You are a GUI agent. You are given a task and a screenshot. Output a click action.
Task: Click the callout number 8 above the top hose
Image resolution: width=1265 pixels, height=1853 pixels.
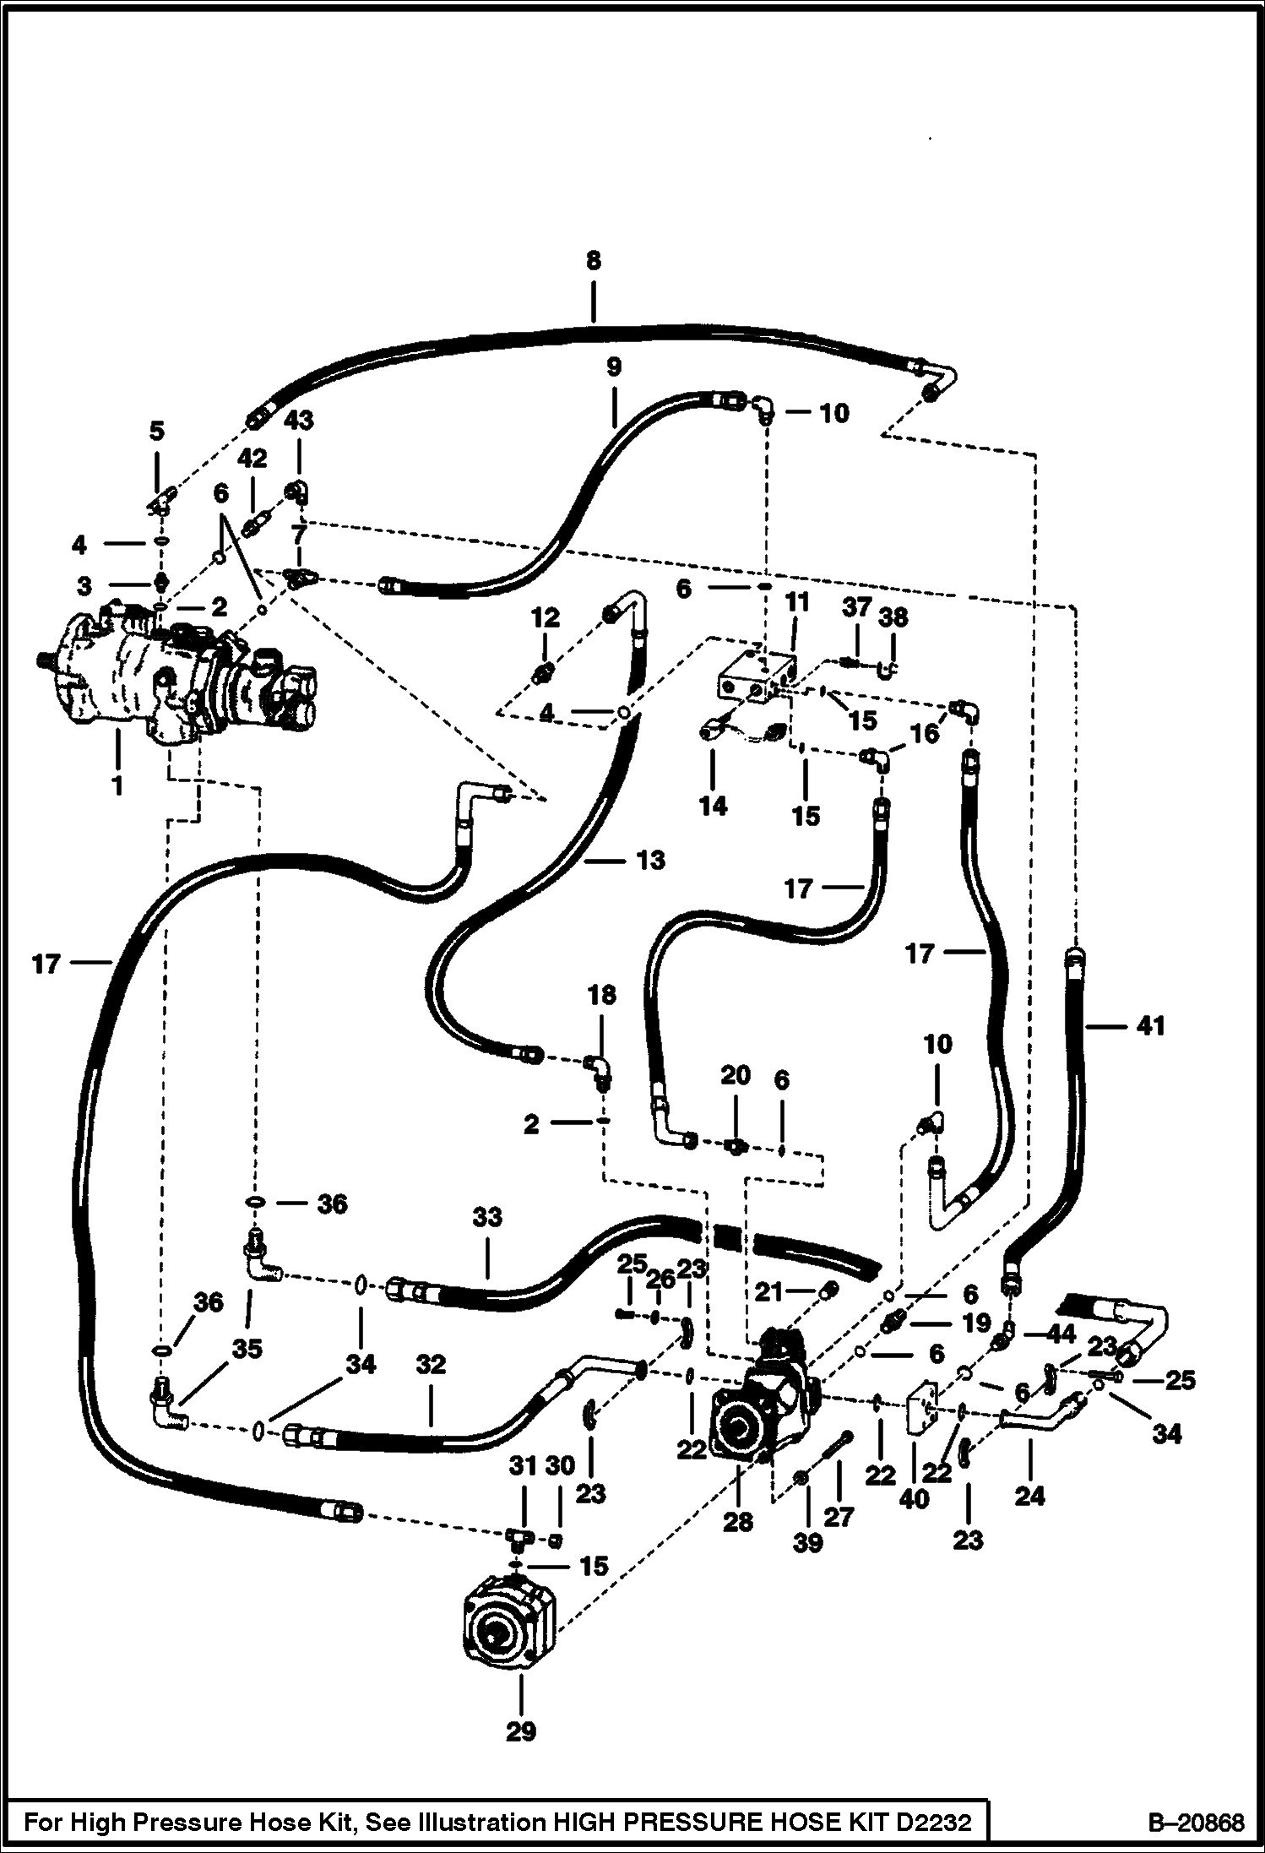click(x=593, y=261)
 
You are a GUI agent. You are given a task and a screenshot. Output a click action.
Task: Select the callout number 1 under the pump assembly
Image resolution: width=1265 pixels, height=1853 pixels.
click(x=117, y=785)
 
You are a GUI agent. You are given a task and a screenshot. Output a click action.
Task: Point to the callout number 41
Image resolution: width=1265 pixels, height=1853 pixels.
click(x=1150, y=1026)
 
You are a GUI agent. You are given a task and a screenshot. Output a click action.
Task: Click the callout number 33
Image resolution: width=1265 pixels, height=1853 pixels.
click(x=487, y=1217)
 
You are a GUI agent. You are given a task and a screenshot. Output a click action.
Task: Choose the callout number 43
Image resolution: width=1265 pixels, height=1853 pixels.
click(x=298, y=421)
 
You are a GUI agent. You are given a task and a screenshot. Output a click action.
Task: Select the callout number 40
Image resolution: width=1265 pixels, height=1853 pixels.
click(x=915, y=1499)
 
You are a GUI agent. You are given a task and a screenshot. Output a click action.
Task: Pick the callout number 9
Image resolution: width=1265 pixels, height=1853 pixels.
click(x=614, y=367)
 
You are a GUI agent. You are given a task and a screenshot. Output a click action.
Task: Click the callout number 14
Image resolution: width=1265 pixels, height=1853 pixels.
click(x=713, y=806)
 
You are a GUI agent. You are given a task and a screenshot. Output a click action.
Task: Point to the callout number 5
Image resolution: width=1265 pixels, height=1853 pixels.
click(x=157, y=432)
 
